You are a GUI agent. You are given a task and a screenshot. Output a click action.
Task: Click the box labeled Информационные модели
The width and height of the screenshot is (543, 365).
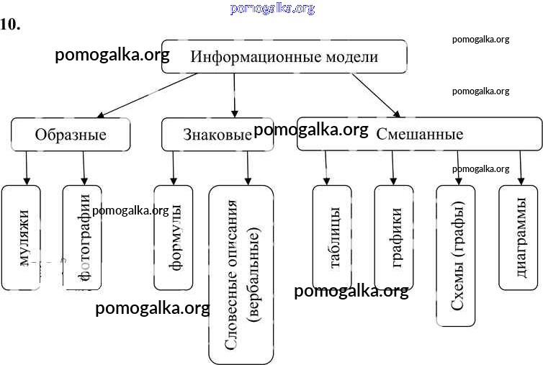(284, 58)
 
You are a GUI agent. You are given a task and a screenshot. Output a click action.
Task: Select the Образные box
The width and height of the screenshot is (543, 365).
(71, 135)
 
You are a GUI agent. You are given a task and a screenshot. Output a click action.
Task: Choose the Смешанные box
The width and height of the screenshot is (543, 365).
(419, 135)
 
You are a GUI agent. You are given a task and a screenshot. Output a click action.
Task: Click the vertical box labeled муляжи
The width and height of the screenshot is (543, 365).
(26, 238)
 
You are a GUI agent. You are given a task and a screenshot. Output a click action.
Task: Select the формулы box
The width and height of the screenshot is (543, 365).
(174, 238)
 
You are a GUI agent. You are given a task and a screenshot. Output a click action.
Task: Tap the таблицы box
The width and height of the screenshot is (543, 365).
(332, 238)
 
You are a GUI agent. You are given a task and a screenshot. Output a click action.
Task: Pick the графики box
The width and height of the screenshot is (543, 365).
(394, 238)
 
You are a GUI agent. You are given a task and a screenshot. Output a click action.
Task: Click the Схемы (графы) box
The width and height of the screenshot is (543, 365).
(456, 256)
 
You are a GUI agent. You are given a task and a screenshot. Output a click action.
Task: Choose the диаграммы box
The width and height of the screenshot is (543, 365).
(519, 238)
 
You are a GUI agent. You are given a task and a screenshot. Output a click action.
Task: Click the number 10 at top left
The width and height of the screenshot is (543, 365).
(10, 24)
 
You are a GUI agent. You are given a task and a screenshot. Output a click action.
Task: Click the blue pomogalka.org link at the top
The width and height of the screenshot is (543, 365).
(272, 9)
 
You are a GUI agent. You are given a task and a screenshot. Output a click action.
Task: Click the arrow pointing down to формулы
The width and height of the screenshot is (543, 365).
(173, 168)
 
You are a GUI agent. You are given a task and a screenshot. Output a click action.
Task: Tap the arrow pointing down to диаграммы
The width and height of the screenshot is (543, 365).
(521, 168)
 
